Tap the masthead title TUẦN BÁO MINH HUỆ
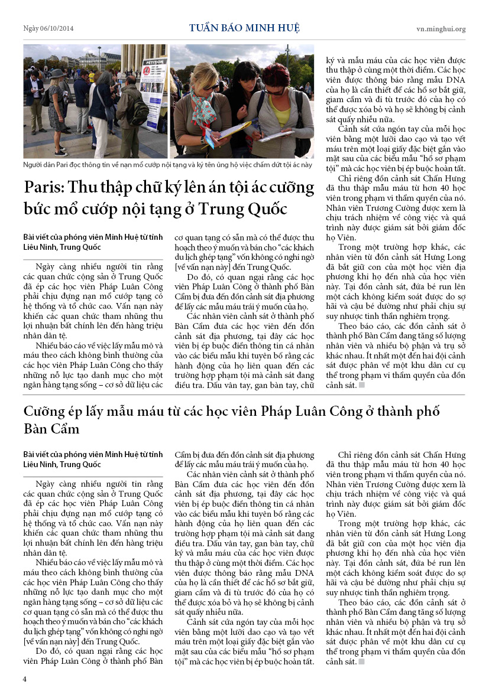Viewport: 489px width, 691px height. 244,28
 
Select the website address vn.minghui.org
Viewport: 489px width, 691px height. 441,28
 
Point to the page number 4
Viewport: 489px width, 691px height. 25,679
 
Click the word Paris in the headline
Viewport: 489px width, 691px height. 44,188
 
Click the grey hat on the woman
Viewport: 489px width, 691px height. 57,74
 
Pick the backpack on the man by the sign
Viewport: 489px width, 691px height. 140,112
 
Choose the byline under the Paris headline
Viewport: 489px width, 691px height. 93,242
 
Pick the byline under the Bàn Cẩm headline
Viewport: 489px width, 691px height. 93,459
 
